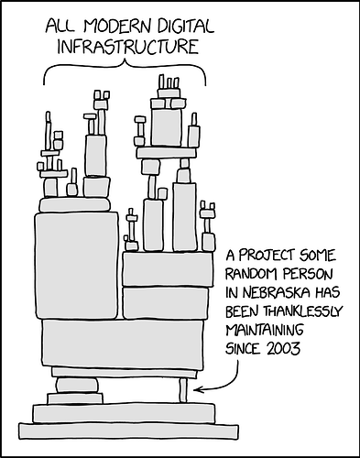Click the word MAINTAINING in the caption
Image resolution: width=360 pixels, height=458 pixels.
pos(270,331)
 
